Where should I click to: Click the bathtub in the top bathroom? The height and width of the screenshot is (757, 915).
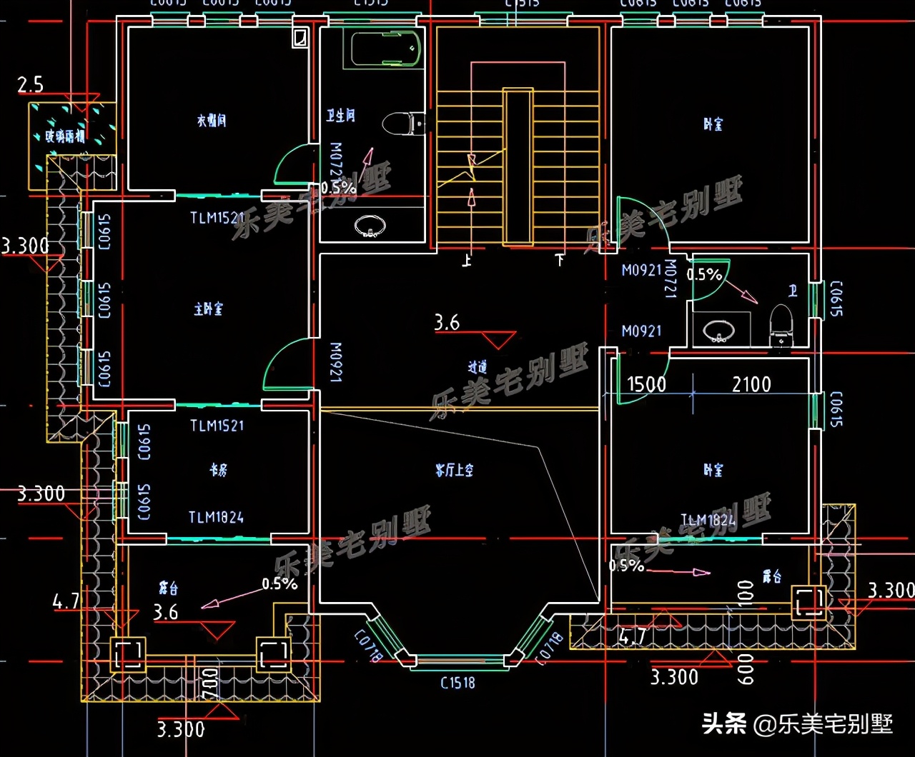pyautogui.click(x=385, y=47)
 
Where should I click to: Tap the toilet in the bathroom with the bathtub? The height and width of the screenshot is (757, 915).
pyautogui.click(x=403, y=124)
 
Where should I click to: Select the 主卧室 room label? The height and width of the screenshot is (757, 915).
pyautogui.click(x=208, y=309)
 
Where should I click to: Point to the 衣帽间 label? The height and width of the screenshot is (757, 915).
pyautogui.click(x=212, y=121)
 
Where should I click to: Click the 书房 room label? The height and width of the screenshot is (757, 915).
pyautogui.click(x=218, y=471)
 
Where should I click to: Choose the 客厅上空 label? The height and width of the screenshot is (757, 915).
pyautogui.click(x=455, y=471)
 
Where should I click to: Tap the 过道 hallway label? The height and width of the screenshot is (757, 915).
pyautogui.click(x=478, y=367)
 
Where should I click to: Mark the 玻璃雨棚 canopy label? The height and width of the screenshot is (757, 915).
pyautogui.click(x=65, y=136)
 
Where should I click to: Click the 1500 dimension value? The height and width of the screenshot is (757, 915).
pyautogui.click(x=646, y=385)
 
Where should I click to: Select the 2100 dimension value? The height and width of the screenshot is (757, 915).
pyautogui.click(x=751, y=385)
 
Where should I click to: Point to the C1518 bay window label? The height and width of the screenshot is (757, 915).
pyautogui.click(x=457, y=683)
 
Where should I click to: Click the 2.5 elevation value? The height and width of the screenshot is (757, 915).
pyautogui.click(x=31, y=86)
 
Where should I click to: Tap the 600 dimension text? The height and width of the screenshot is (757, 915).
pyautogui.click(x=746, y=670)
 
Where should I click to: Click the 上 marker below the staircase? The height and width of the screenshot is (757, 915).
pyautogui.click(x=467, y=261)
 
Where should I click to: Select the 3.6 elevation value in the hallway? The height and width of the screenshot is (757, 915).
pyautogui.click(x=447, y=324)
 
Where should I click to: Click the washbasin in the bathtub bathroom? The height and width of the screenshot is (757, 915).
pyautogui.click(x=370, y=226)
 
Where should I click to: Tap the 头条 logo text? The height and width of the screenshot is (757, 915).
pyautogui.click(x=724, y=723)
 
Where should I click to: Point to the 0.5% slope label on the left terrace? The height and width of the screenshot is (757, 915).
pyautogui.click(x=279, y=583)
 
